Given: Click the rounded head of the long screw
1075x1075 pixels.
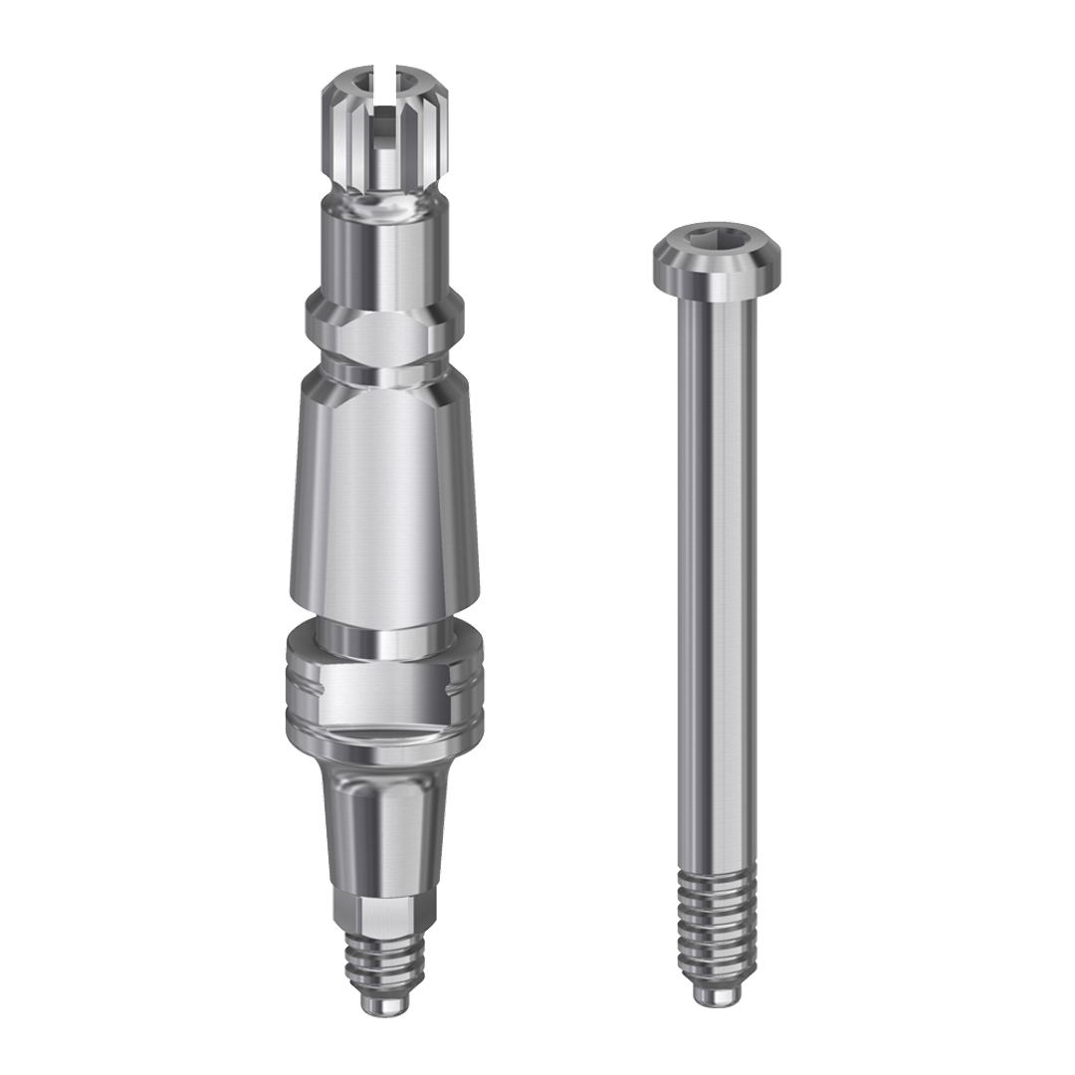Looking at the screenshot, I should [x=716, y=253].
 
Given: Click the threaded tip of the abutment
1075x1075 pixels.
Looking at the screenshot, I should [x=383, y=960].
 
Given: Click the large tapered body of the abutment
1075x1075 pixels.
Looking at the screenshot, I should [x=383, y=498].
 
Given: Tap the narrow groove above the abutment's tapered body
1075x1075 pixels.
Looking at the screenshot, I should [x=384, y=370].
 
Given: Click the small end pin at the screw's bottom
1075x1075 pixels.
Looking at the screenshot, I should [x=716, y=996].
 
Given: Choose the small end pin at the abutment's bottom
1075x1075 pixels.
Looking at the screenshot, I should [x=383, y=1003].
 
